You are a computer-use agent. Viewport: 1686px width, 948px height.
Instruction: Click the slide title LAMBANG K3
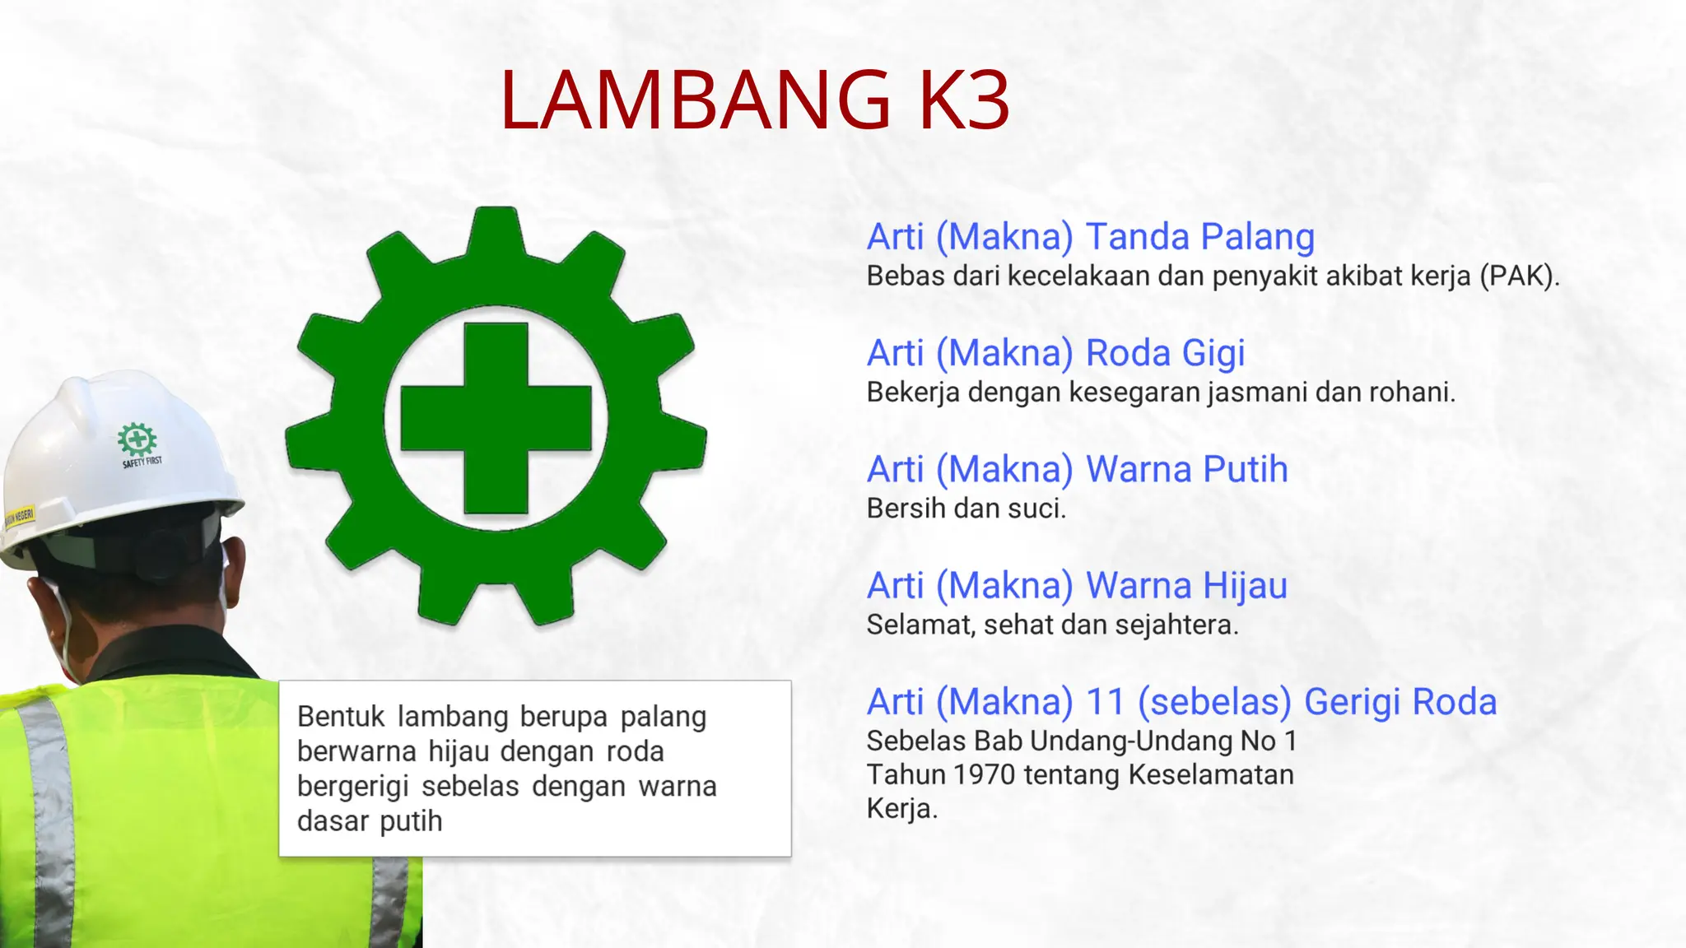(754, 100)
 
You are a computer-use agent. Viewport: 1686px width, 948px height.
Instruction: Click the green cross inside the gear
(496, 418)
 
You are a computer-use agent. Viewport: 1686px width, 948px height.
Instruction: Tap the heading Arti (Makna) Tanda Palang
(1090, 237)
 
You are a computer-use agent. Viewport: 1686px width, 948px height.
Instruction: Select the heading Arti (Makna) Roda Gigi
(1055, 353)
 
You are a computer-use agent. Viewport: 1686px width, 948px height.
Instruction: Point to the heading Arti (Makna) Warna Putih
(1077, 470)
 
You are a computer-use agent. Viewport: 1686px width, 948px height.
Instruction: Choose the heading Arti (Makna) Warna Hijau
(1077, 586)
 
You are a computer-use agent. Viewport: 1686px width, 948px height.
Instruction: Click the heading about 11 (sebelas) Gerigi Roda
(1181, 702)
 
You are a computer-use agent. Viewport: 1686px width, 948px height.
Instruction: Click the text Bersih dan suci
(966, 509)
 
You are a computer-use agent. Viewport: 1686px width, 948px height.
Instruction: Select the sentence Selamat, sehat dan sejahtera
(1052, 625)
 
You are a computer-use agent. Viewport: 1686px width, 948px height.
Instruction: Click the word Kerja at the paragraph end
(901, 809)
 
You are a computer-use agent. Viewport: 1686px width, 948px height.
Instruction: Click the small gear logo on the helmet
(137, 439)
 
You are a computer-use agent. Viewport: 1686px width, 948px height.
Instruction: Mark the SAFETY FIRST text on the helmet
(142, 462)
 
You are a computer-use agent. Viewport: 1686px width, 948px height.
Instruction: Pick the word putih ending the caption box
(411, 821)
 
